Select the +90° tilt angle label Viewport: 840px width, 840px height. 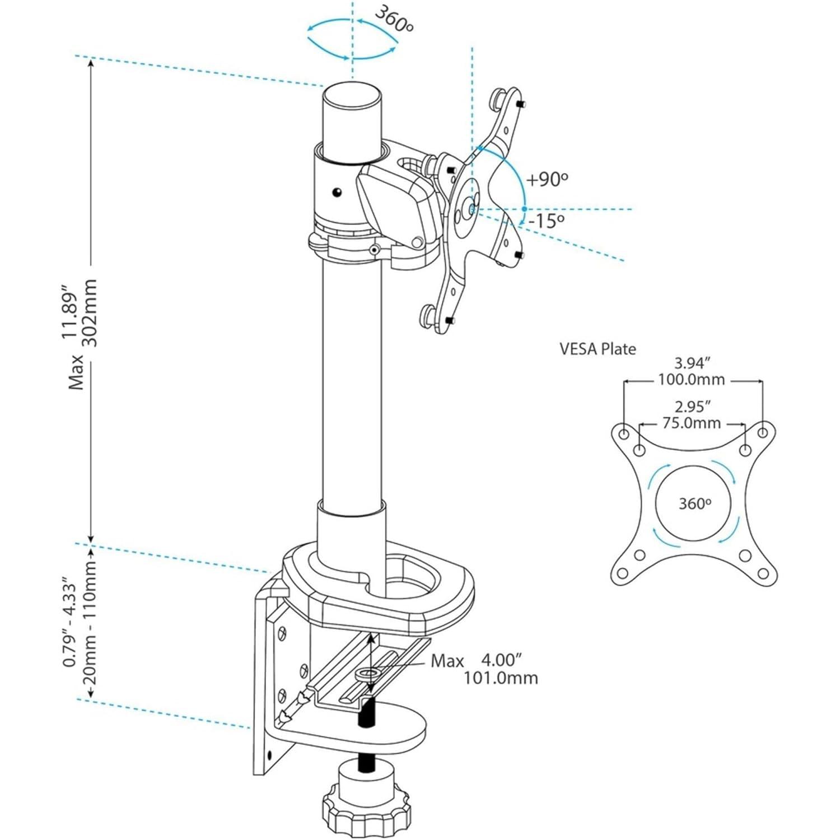pos(547,179)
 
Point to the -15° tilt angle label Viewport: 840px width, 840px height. pos(546,221)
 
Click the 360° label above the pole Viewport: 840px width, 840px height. pos(394,20)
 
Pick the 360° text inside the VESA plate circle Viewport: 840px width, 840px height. pos(694,503)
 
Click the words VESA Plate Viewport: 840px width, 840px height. pos(598,349)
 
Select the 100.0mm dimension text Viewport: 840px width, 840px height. pos(691,380)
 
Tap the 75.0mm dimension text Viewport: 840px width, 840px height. pos(692,423)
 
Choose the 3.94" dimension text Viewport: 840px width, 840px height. pos(693,363)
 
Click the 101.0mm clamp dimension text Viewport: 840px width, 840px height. pos(500,678)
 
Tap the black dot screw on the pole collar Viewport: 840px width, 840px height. pos(336,192)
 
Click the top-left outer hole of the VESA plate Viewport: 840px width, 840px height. pos(623,433)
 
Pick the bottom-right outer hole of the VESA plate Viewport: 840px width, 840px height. pos(763,573)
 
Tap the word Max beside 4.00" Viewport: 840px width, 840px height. pos(447,661)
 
